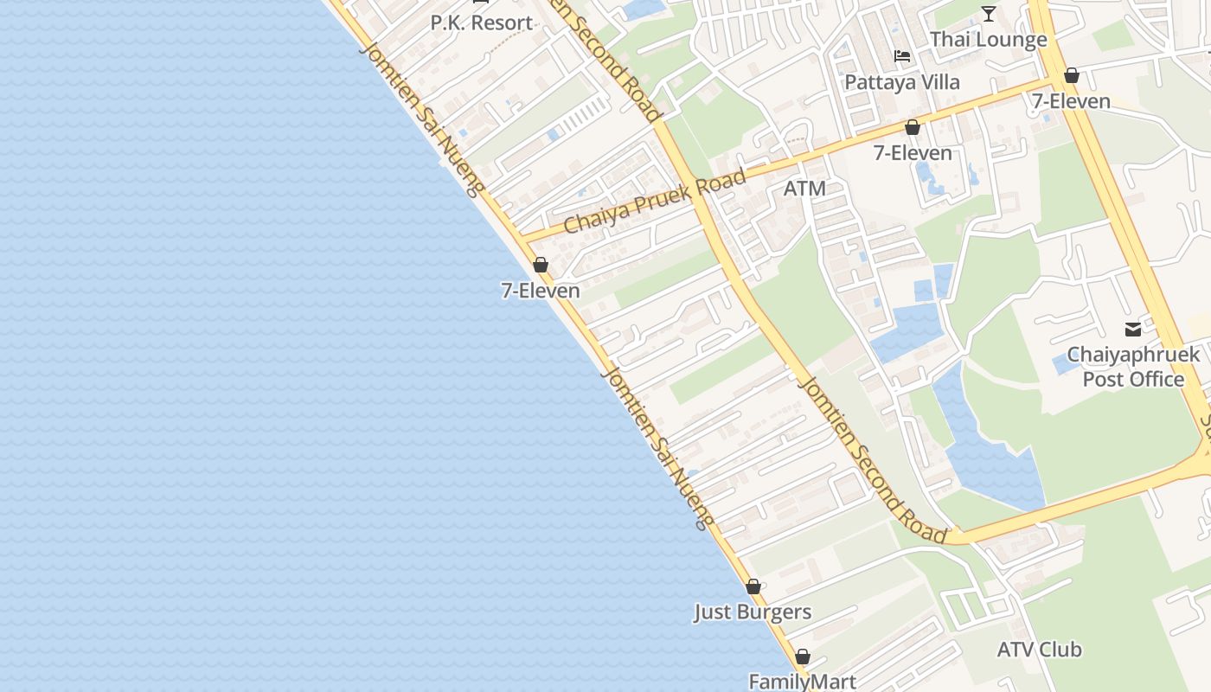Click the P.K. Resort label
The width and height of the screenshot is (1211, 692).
click(x=482, y=23)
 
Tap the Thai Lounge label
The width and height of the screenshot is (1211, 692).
click(x=988, y=40)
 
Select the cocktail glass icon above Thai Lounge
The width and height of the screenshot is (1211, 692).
click(x=989, y=13)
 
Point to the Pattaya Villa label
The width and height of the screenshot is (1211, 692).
click(x=902, y=82)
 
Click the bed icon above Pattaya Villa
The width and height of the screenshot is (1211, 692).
click(x=902, y=56)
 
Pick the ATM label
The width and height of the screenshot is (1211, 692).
click(x=804, y=189)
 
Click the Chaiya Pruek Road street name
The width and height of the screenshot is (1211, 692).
click(x=654, y=202)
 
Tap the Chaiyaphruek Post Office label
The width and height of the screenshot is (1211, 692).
click(x=1133, y=367)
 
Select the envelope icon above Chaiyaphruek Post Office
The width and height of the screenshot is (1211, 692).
click(x=1133, y=329)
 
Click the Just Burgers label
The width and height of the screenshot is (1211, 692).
click(x=753, y=612)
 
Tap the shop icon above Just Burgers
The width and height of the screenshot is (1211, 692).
click(x=753, y=586)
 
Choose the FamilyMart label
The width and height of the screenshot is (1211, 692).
click(x=802, y=682)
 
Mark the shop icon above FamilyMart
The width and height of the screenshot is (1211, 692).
click(x=803, y=657)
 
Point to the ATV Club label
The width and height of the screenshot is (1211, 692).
click(x=1039, y=650)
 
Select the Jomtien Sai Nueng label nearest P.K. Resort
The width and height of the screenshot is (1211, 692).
click(x=420, y=119)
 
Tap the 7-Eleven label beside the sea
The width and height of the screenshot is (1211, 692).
click(x=541, y=291)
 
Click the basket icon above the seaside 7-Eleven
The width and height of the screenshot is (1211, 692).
click(x=541, y=265)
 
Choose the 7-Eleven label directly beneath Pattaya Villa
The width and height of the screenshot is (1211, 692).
click(x=913, y=153)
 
